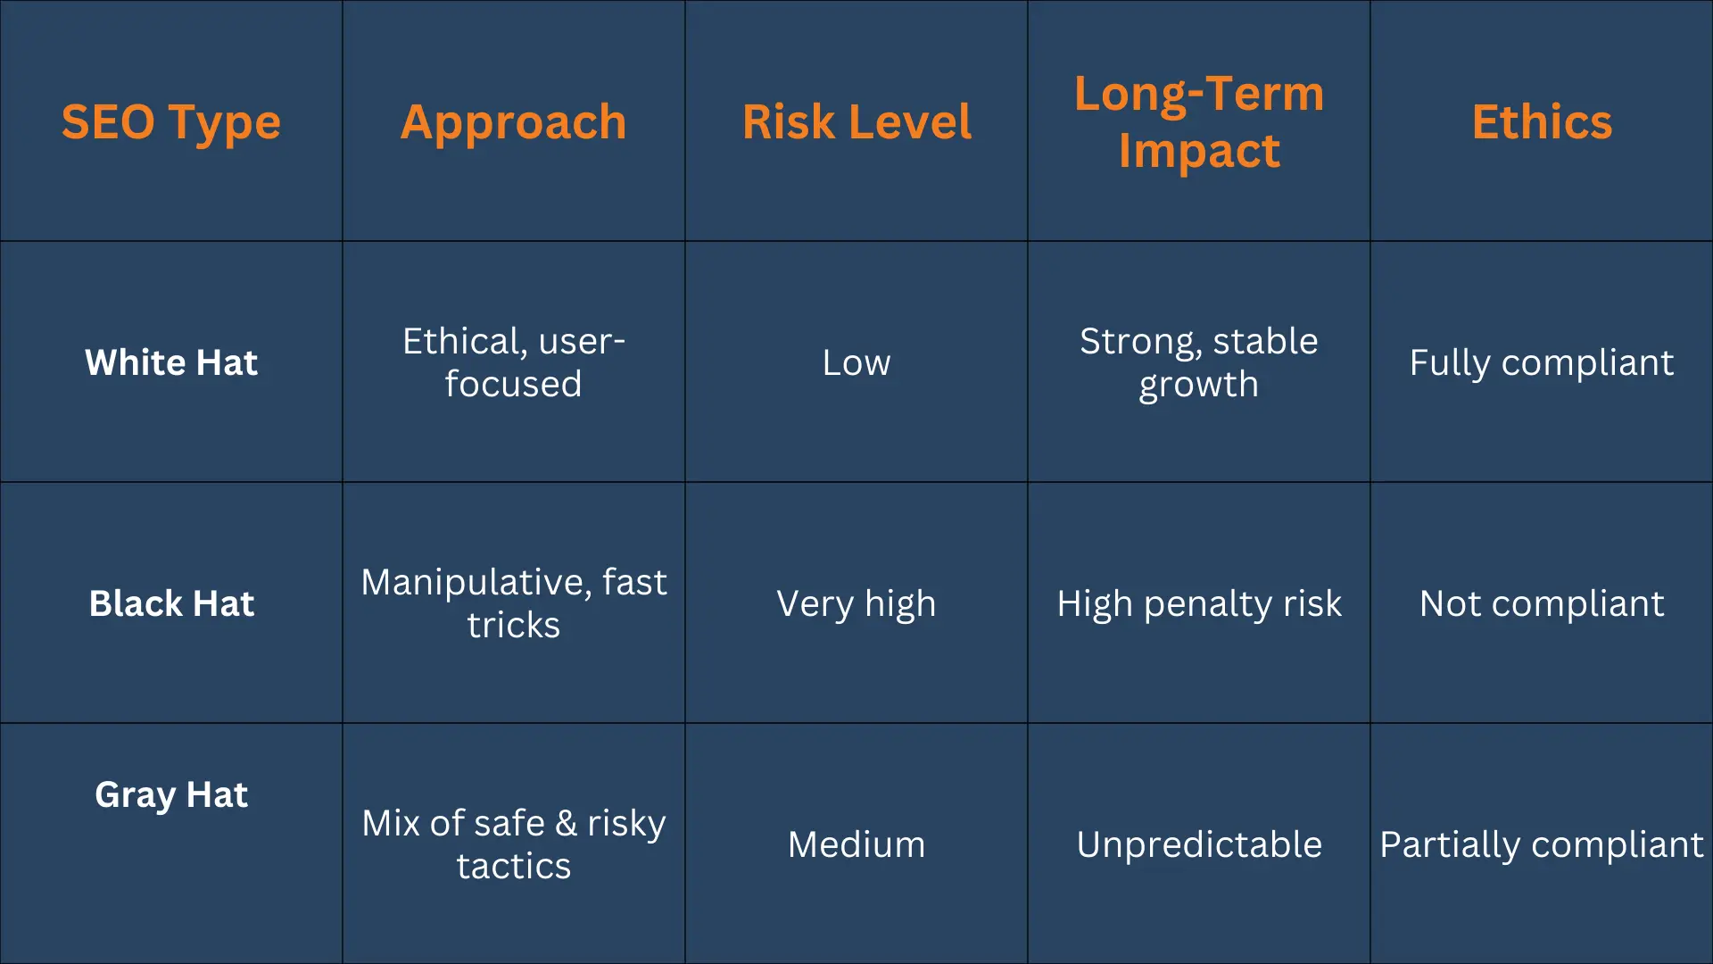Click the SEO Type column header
point(170,122)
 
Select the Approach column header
point(513,122)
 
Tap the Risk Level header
point(856,122)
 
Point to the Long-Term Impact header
point(1198,121)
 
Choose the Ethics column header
point(1542,122)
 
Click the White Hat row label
point(171,362)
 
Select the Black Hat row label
point(171,603)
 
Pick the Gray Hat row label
point(171,794)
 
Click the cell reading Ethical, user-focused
point(513,362)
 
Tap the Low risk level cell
point(856,362)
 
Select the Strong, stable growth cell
point(1198,362)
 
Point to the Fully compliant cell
point(1542,362)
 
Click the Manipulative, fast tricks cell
point(513,603)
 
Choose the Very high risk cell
point(856,603)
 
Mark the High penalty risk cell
point(1198,603)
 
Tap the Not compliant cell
point(1542,603)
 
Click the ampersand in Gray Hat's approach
point(566,823)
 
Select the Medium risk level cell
point(856,844)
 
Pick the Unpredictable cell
point(1198,844)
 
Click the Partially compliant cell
point(1542,844)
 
